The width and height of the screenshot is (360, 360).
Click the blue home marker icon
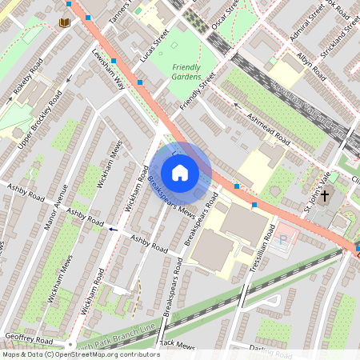point(180,173)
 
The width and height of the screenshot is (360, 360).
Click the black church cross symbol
point(326,194)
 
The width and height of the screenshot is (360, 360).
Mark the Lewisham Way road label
point(108,74)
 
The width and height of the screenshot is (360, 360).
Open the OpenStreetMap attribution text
point(80,354)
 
